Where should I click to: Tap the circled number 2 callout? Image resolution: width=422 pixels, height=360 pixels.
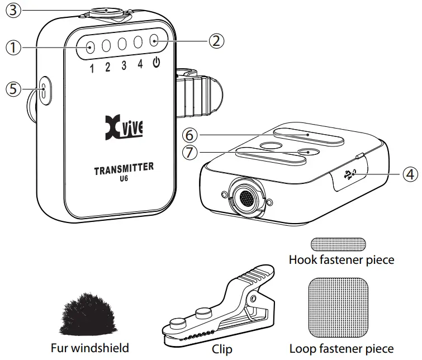[x=217, y=40]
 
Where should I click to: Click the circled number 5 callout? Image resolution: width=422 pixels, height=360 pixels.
[x=13, y=88]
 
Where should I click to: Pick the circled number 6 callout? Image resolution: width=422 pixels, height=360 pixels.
[x=190, y=134]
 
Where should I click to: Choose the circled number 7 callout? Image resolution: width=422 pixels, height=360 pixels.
[x=190, y=152]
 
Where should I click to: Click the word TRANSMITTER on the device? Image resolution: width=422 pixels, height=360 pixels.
[x=124, y=169]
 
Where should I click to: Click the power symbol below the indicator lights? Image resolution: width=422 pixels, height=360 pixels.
[x=156, y=63]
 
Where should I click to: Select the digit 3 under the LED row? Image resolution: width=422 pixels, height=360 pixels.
[x=124, y=65]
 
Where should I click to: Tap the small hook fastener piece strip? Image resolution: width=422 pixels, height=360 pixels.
[x=338, y=244]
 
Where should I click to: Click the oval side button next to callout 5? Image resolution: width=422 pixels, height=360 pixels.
[x=44, y=89]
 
